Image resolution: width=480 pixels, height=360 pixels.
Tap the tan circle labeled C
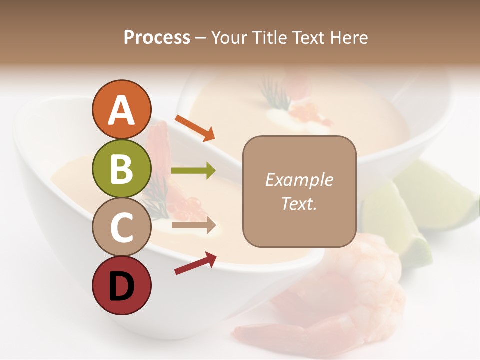pyautogui.click(x=121, y=227)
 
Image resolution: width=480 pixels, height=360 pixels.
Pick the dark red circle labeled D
pyautogui.click(x=121, y=285)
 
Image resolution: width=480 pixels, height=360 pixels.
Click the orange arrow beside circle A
pyautogui.click(x=195, y=128)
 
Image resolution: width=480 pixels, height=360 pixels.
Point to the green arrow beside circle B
pyautogui.click(x=193, y=171)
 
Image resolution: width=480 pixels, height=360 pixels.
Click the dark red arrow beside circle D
pyautogui.click(x=195, y=263)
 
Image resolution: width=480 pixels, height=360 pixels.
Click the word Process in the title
pyautogui.click(x=157, y=38)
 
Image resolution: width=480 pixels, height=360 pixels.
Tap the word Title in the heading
pyautogui.click(x=270, y=38)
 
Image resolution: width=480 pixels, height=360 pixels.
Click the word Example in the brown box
pyautogui.click(x=299, y=180)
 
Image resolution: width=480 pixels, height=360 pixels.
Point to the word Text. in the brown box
pyautogui.click(x=299, y=203)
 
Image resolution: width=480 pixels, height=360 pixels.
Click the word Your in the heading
pyautogui.click(x=229, y=38)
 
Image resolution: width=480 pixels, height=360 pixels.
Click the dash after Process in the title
pyautogui.click(x=201, y=38)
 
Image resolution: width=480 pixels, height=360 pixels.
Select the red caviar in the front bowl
pyautogui.click(x=190, y=206)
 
